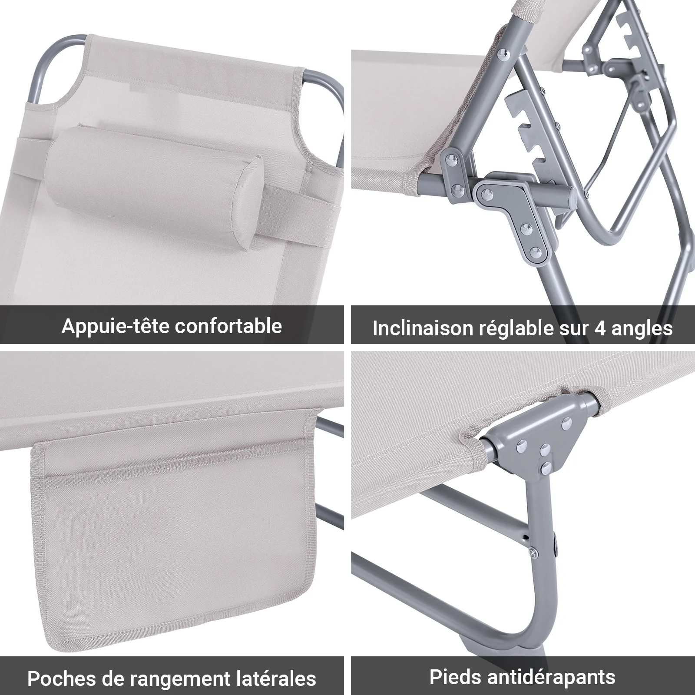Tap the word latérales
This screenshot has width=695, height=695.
click(x=270, y=678)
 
